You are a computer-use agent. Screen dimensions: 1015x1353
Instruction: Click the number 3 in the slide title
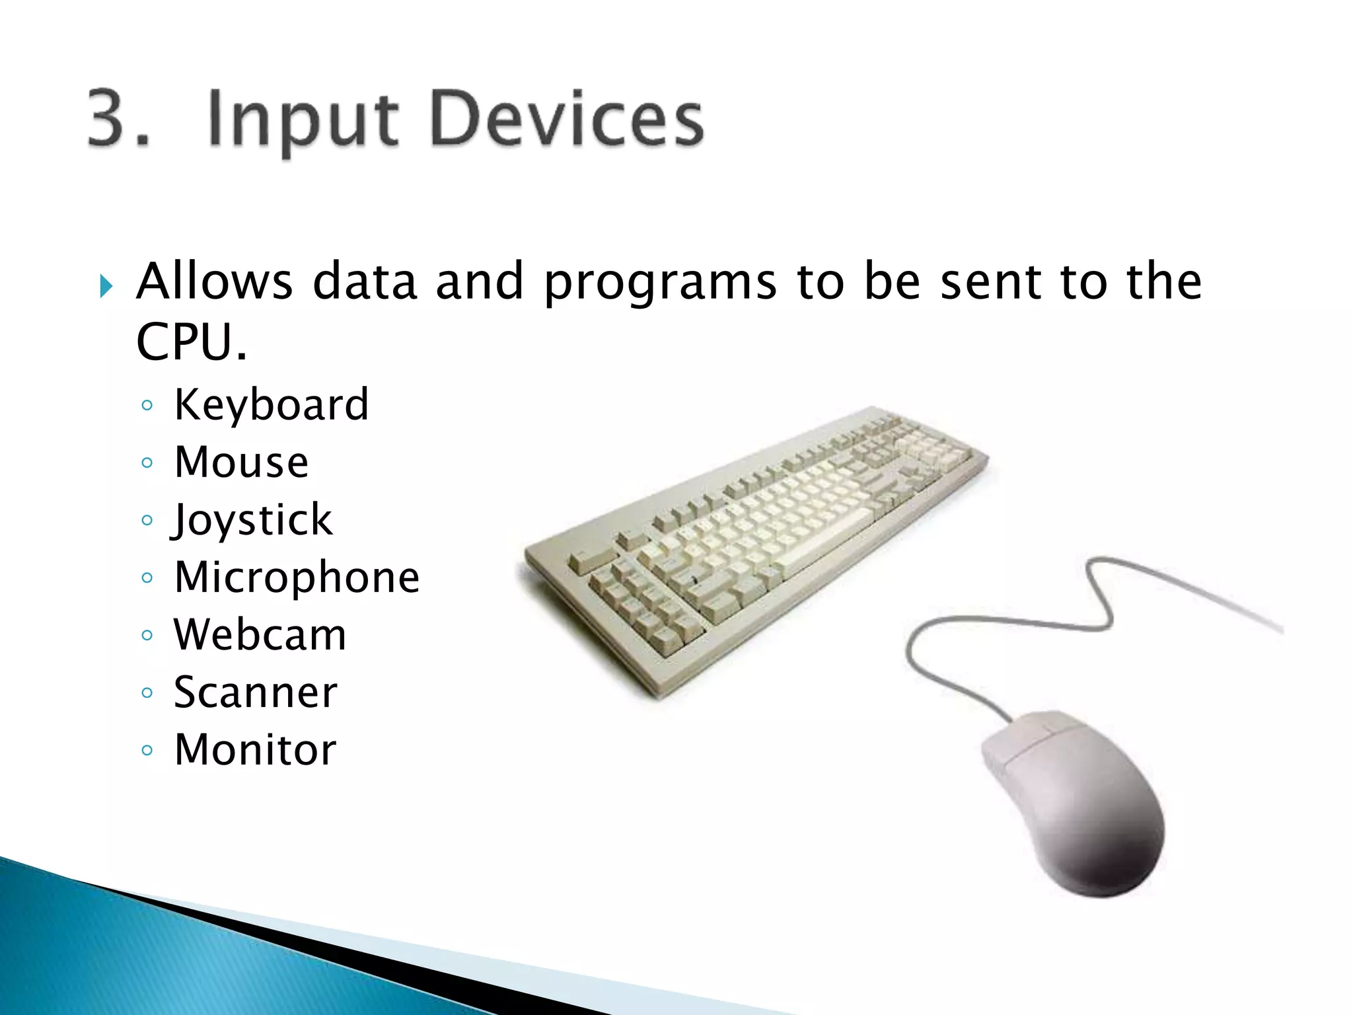tap(111, 119)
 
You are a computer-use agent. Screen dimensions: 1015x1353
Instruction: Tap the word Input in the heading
tap(303, 122)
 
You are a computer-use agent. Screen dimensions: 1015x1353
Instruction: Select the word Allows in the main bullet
tap(214, 282)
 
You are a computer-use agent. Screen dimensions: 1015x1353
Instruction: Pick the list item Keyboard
tap(271, 404)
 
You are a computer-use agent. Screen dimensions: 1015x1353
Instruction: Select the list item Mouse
tap(241, 462)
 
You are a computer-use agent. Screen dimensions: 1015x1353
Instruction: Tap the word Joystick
tap(252, 520)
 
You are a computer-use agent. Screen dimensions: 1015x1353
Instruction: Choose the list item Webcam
tap(260, 635)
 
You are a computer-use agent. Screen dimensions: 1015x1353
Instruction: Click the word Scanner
tap(255, 693)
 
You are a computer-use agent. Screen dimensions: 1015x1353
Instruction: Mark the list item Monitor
tap(255, 750)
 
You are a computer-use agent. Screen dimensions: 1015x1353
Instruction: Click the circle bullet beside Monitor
tap(147, 750)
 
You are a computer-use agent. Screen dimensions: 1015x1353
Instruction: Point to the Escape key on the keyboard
tap(585, 562)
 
